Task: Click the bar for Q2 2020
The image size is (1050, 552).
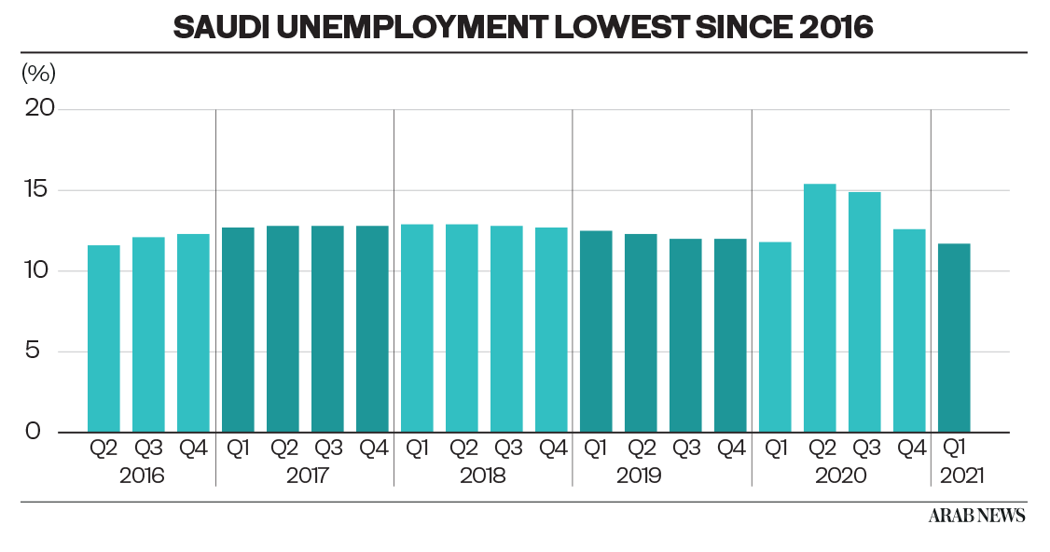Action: click(x=820, y=308)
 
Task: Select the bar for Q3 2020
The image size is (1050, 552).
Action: click(x=864, y=311)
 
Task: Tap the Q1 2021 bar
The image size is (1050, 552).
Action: click(x=954, y=338)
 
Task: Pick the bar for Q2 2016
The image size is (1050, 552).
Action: click(x=104, y=338)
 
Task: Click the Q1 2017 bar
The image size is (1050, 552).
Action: click(x=238, y=329)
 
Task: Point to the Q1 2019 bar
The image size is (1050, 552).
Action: click(x=596, y=331)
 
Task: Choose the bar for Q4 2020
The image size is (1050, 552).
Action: click(x=909, y=330)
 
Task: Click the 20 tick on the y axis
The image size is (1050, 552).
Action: click(x=40, y=109)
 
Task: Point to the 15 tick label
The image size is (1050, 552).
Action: click(x=41, y=190)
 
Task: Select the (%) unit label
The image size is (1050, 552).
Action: click(x=38, y=72)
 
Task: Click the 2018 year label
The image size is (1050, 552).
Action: click(x=483, y=476)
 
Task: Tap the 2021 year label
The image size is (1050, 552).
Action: click(x=962, y=476)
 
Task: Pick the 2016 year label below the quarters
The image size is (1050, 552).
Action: click(x=142, y=476)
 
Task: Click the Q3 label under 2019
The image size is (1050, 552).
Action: click(x=686, y=448)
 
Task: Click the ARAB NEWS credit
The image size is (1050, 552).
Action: click(x=976, y=516)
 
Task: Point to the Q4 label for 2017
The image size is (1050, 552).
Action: click(x=373, y=448)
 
